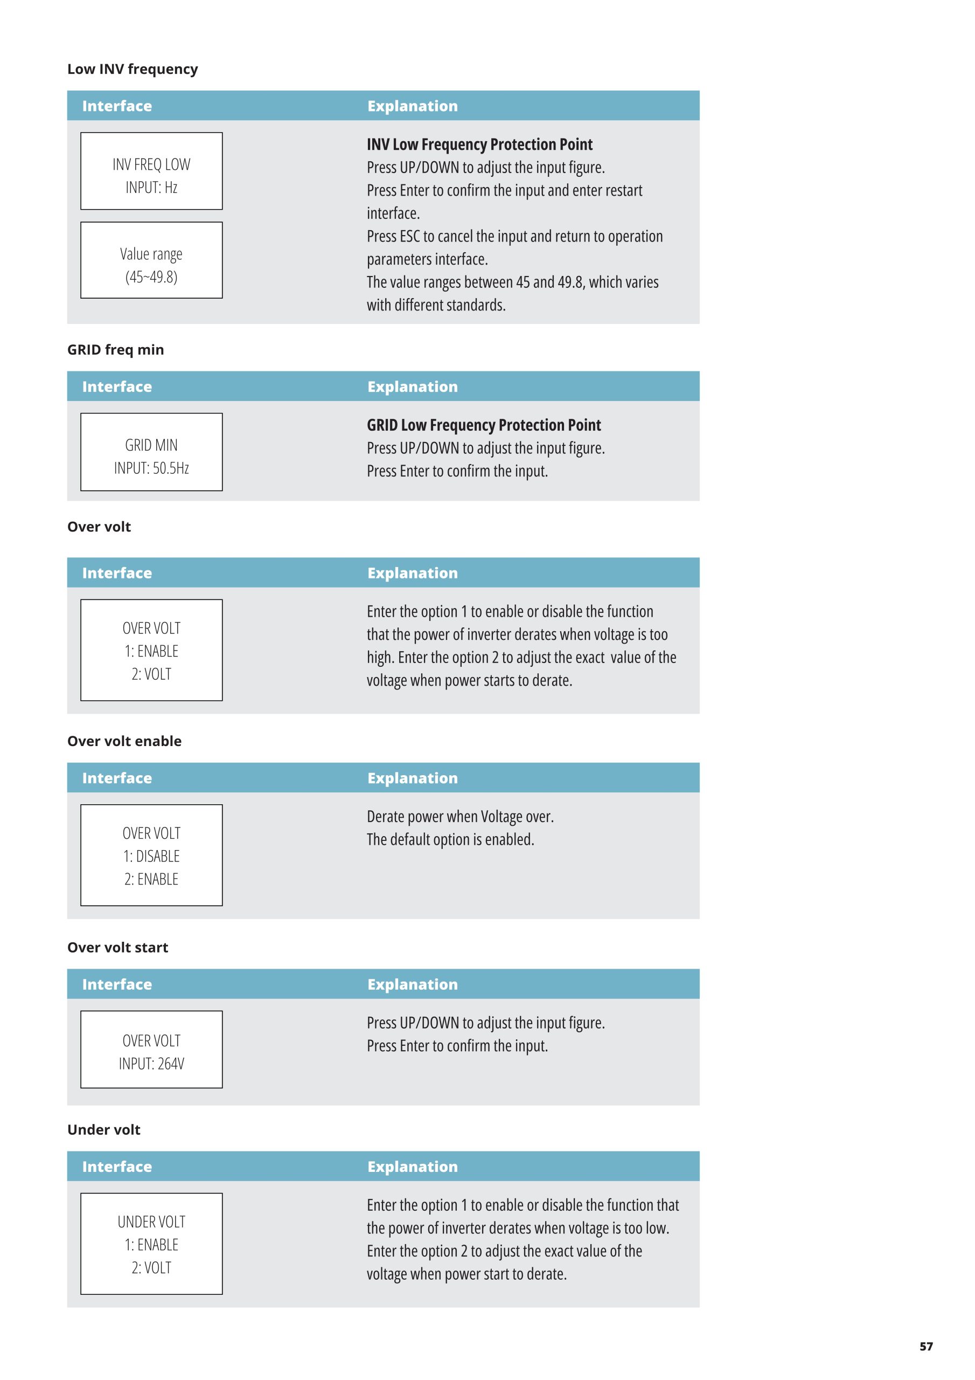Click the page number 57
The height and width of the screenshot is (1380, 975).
pos(926,1347)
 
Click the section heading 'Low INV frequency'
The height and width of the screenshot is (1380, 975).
pos(132,69)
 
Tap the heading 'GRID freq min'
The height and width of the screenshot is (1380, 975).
pos(115,350)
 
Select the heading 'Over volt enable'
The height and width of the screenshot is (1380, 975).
pos(124,741)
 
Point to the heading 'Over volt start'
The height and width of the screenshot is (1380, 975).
pos(118,947)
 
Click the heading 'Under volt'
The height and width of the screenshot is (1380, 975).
pos(104,1129)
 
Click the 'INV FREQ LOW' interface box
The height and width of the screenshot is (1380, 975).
pos(151,171)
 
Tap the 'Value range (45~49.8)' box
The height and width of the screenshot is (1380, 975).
pos(151,260)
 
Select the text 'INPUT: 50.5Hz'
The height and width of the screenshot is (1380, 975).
pos(151,468)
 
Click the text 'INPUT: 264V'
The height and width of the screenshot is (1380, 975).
pos(151,1064)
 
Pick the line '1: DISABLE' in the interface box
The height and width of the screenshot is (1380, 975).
pos(151,856)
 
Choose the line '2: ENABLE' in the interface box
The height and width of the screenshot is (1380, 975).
pos(151,879)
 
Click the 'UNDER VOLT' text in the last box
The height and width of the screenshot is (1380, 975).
pos(151,1222)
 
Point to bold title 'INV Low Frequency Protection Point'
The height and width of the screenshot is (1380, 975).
pos(479,144)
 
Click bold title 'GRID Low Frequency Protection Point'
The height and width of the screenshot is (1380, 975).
pos(484,425)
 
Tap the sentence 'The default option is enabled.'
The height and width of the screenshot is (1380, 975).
pos(450,840)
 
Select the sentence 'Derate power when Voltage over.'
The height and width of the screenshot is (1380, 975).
pos(460,817)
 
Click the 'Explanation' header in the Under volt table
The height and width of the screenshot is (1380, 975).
pos(413,1167)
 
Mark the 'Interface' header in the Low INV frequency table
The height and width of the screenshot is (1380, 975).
pos(117,106)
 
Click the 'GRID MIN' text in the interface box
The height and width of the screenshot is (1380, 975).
pos(151,445)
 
